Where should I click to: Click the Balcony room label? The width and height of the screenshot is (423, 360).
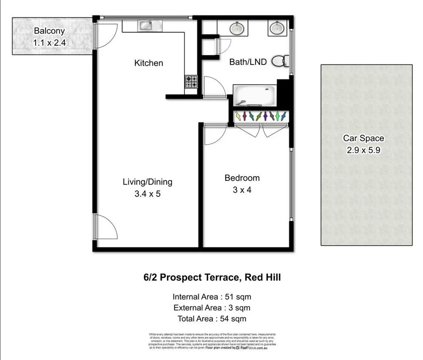pos(49,31)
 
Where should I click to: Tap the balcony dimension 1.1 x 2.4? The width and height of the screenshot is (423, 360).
pos(49,42)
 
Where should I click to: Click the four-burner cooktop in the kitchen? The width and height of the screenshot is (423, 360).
pos(191,82)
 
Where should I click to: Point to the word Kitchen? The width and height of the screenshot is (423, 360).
pos(148,63)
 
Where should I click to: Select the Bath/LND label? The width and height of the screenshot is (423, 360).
pos(248,62)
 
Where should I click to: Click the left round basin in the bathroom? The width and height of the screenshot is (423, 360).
pos(237,28)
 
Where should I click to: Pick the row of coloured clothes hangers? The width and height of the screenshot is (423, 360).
pos(261,116)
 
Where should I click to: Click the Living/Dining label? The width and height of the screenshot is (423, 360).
pos(147,182)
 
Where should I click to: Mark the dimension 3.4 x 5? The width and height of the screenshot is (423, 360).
pos(147,194)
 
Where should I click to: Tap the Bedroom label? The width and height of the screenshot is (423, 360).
pos(242,178)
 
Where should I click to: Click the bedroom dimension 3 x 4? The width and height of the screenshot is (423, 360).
pos(242,190)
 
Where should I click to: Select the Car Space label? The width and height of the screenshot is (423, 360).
pos(363,138)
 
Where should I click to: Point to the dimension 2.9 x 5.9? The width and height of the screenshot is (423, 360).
pos(363,150)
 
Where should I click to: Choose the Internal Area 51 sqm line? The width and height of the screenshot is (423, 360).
pos(212,297)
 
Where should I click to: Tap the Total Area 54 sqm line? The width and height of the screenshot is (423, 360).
pos(212,319)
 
